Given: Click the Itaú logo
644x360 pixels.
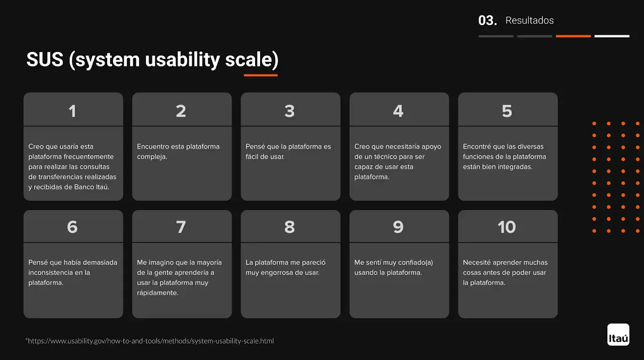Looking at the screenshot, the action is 618,334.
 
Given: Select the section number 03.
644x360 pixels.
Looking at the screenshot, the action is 488,21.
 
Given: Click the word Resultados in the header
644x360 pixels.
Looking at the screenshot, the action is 530,21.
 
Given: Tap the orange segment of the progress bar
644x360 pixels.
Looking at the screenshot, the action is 573,36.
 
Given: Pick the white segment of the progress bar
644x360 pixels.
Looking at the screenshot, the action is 612,36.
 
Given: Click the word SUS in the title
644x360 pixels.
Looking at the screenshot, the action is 45,59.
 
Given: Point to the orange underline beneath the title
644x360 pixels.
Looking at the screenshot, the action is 261,76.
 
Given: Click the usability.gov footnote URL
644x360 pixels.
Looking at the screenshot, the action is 149,341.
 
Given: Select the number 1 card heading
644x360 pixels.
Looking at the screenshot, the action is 72,111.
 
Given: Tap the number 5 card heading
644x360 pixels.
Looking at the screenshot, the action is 507,111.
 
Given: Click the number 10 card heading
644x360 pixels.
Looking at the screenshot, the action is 507,227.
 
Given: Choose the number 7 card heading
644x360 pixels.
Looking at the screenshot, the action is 181,227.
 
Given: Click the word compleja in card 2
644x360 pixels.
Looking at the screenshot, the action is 152,157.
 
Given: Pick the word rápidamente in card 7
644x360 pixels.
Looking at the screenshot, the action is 157,293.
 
